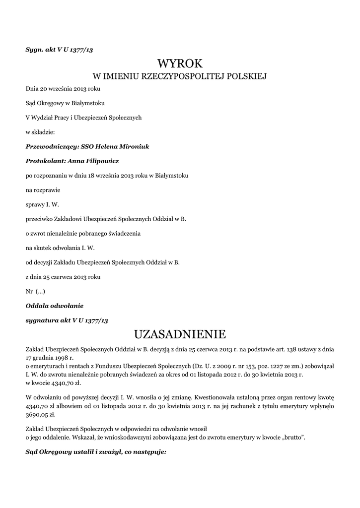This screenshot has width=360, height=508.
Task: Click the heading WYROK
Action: pyautogui.click(x=180, y=63)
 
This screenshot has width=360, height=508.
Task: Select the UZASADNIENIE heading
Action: pyautogui.click(x=180, y=332)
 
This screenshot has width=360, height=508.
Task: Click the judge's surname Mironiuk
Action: pyautogui.click(x=132, y=147)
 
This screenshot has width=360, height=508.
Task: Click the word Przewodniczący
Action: pyautogui.click(x=49, y=147)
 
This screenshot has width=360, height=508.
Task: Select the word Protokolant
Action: pyautogui.click(x=43, y=161)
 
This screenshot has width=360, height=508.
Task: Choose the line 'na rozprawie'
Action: pyautogui.click(x=42, y=190)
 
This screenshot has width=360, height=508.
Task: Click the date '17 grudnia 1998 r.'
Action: pyautogui.click(x=49, y=357)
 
